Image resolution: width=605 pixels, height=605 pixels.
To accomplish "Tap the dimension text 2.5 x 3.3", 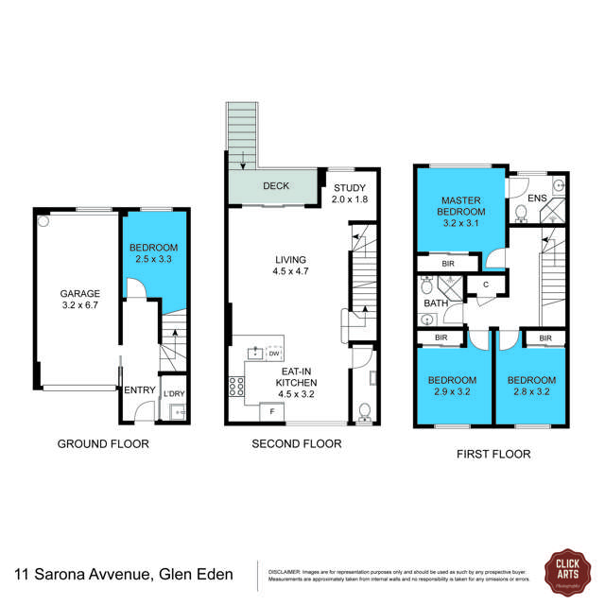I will tap(153, 258).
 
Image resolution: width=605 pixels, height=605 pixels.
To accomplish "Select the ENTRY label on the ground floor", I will tap(139, 389).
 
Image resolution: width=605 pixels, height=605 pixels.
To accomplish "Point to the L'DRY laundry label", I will tap(173, 393).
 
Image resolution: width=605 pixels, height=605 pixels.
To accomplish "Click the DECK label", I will tap(276, 186).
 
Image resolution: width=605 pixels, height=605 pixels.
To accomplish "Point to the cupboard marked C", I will tap(485, 284).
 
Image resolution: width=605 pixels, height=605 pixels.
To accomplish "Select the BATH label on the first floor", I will tap(435, 303).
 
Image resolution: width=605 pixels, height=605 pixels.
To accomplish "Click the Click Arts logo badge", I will tap(566, 573).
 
